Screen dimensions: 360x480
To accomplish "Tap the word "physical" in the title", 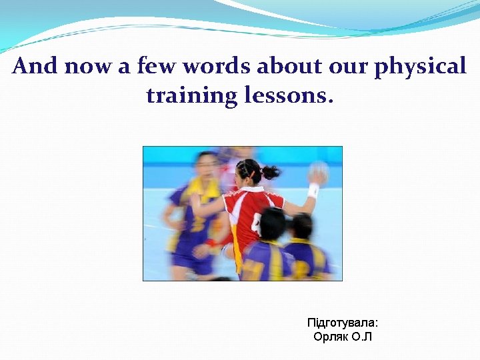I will coord(420,67).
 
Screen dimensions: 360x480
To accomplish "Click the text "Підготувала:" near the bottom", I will coord(343,323).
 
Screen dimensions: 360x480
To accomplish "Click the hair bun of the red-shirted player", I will coord(271,172).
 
